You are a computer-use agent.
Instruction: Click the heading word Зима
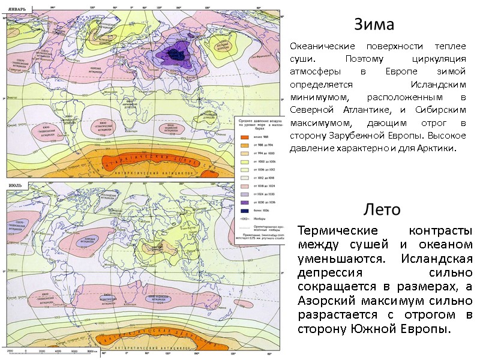coord(374,25)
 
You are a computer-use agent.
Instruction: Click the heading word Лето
coord(382,209)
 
